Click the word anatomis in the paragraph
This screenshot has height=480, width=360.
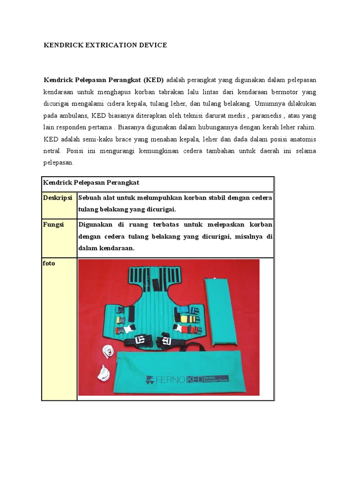point(300,140)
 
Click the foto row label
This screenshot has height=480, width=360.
point(49,263)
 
